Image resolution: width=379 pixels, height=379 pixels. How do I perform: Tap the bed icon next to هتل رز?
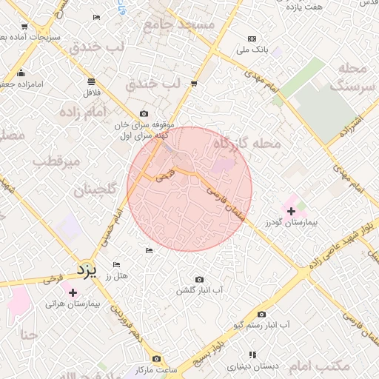coord(115,264)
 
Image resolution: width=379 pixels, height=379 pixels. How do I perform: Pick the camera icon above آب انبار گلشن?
coord(199,280)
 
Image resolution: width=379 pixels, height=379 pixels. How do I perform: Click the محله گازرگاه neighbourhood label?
coord(247,143)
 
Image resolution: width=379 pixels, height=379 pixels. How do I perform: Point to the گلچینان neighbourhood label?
coord(95,190)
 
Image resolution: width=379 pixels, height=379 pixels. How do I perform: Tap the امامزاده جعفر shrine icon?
coord(21,73)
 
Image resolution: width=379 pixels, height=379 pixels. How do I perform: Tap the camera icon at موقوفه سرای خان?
coord(144,114)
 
